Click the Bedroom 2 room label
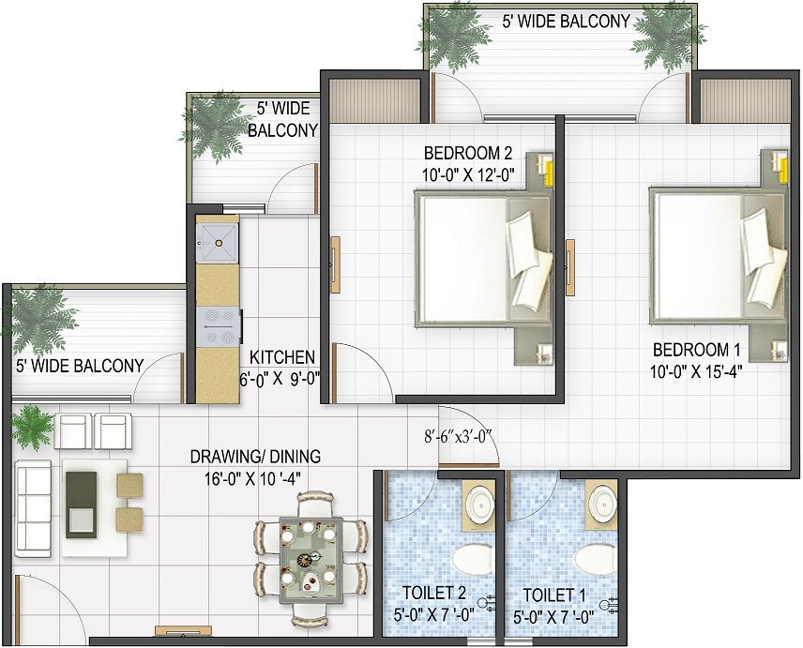pos(468,153)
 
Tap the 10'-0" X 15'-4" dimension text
pos(696,371)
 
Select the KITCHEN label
pos(281,356)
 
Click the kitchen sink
pos(218,243)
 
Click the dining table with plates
pos(311,561)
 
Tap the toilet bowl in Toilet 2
pos(471,559)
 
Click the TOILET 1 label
pos(553,595)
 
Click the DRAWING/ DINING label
pos(255,456)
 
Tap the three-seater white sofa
pos(34,507)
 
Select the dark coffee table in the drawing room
pos(81,505)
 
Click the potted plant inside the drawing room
pos(31,427)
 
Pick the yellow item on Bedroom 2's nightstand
pos(549,172)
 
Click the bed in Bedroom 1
pos(718,256)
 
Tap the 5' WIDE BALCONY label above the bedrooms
pos(566,22)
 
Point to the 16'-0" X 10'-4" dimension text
pos(252,479)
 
